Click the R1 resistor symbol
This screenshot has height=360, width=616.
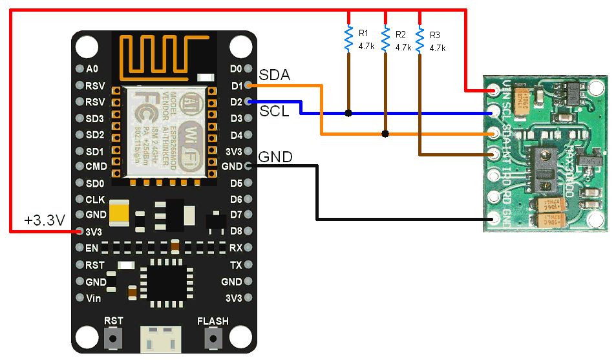[x=348, y=39]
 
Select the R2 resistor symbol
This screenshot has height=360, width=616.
[x=385, y=39]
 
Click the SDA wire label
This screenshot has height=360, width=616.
[x=274, y=76]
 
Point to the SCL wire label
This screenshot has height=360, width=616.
[x=274, y=111]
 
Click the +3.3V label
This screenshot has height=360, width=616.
[x=44, y=220]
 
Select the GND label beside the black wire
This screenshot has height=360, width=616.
[x=275, y=157]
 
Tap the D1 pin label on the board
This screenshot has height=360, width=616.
[x=236, y=85]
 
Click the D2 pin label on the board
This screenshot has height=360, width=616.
[x=236, y=102]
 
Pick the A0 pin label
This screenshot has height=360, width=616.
[x=91, y=69]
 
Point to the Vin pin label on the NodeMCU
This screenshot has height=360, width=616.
[x=93, y=298]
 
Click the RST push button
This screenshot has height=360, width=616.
[x=114, y=337]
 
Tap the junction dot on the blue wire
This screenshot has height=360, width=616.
[x=348, y=113]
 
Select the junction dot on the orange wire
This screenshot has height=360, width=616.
[x=385, y=134]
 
